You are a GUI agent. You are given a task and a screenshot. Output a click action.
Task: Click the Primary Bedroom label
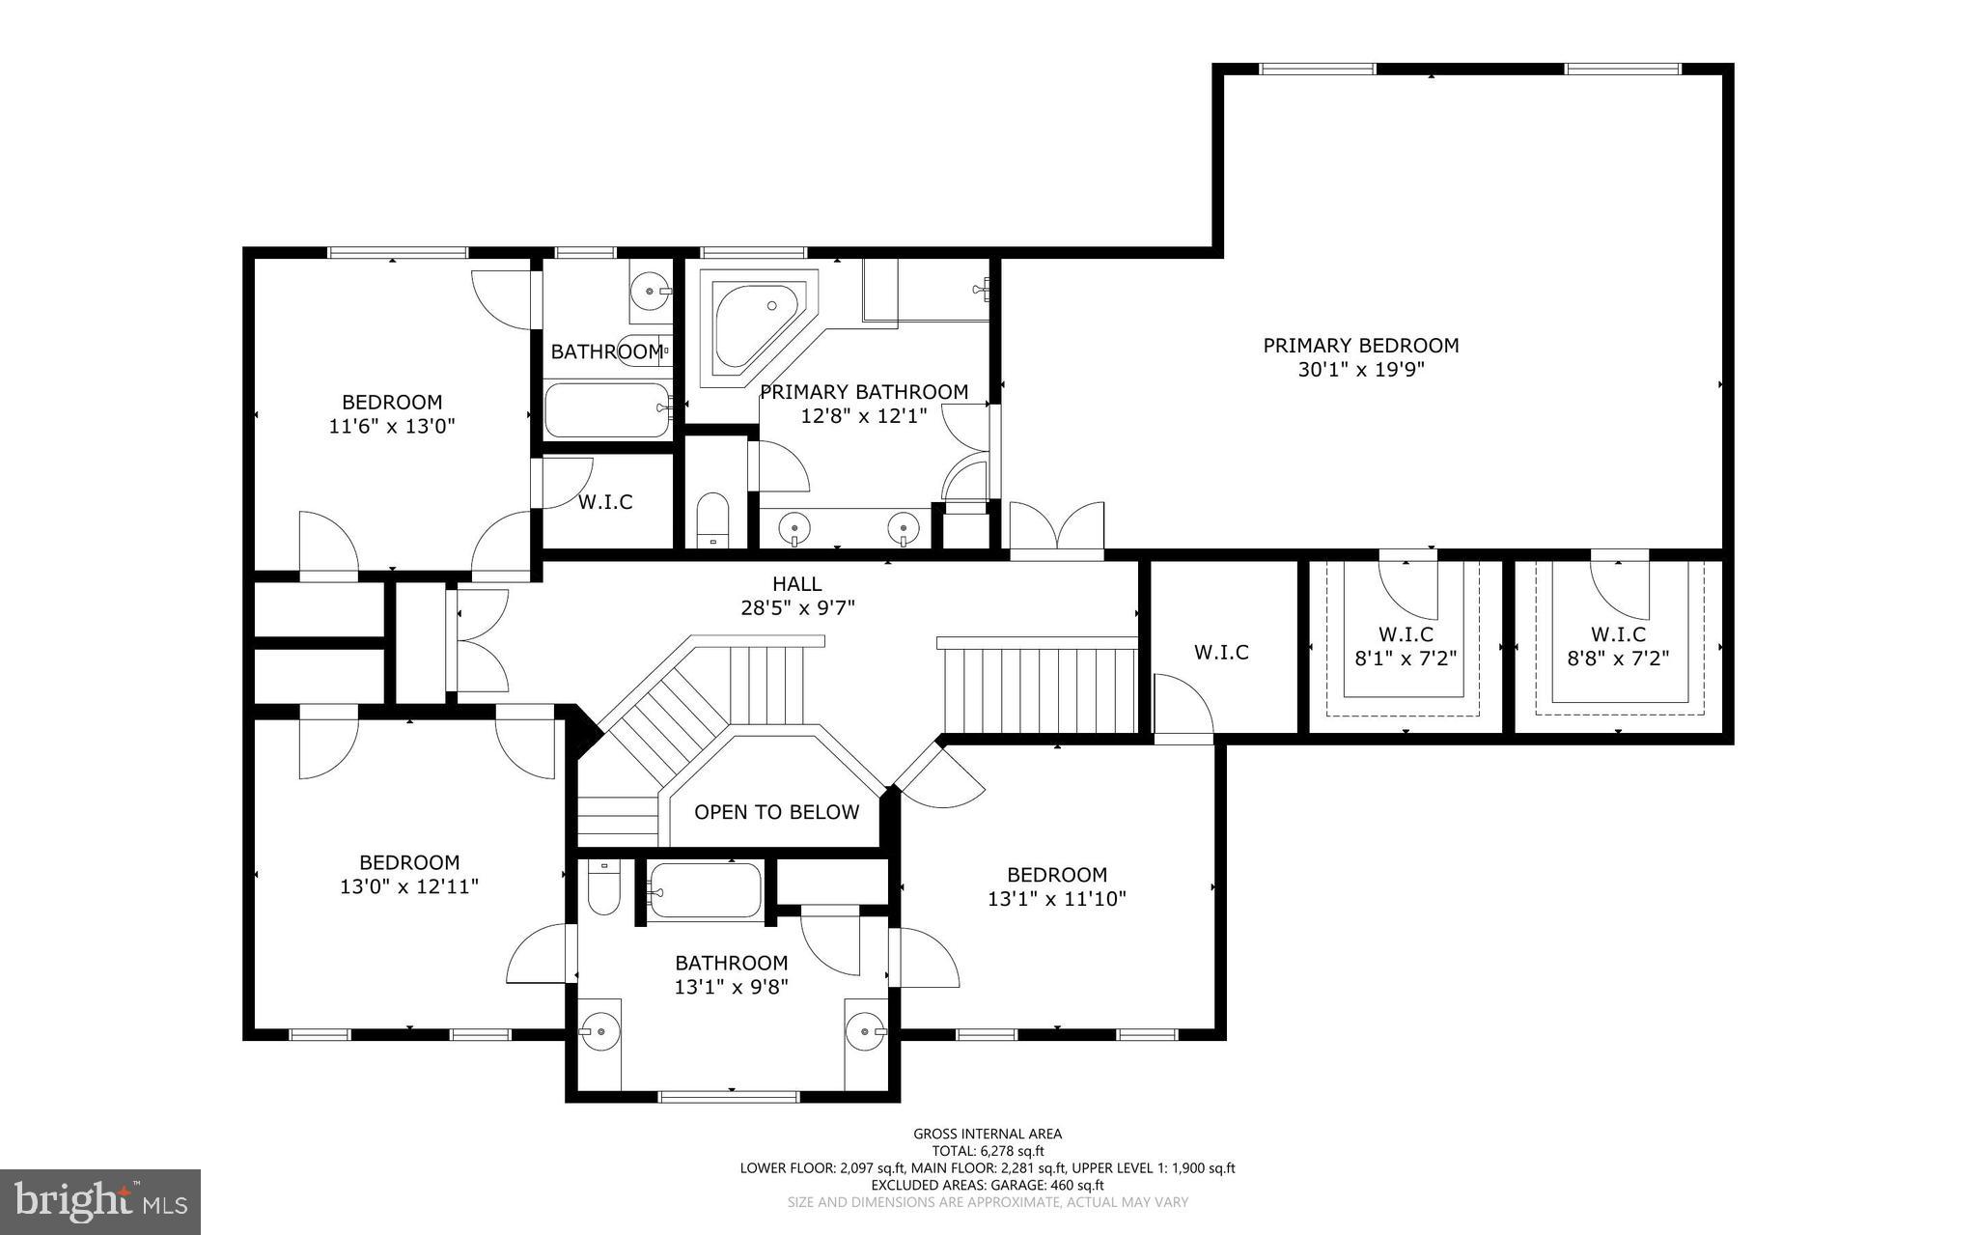coord(1360,345)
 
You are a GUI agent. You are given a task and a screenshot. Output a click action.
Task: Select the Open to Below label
coord(776,812)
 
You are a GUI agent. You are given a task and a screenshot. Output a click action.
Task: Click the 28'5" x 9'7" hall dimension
coord(796,608)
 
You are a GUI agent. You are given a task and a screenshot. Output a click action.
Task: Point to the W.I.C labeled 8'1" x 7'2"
coord(1405,645)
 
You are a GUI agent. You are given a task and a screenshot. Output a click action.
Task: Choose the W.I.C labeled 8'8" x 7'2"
coord(1618,645)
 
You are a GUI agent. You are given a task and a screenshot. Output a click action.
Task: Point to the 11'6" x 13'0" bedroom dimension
coord(391,426)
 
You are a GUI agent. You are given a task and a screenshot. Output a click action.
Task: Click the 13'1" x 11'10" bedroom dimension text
coord(1056,899)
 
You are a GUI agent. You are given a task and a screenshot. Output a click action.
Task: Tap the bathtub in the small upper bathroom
coord(606,410)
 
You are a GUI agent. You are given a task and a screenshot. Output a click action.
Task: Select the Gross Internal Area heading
coord(987,1134)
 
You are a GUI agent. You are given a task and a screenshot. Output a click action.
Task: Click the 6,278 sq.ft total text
coord(987,1151)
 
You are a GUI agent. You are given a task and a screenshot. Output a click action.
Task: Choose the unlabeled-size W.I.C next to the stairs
coord(1221,652)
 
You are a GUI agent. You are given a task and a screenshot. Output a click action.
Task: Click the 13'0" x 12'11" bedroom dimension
coord(408,886)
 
